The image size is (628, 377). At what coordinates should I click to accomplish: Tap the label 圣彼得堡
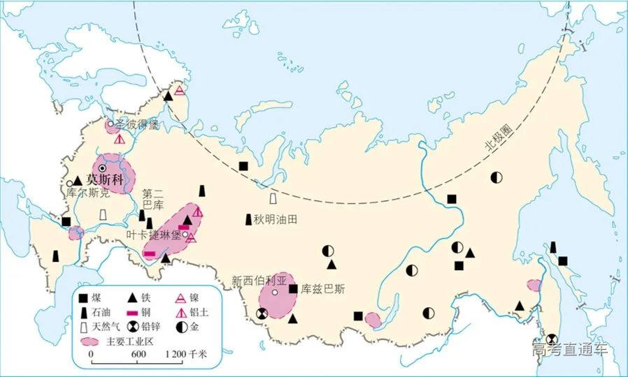coord(137,125)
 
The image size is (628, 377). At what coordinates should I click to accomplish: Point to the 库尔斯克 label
coord(87,191)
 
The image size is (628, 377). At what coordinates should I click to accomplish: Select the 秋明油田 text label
coord(276,219)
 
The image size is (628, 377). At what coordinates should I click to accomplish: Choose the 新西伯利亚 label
coord(256,280)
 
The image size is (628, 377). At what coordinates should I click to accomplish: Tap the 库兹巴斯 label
coord(324,288)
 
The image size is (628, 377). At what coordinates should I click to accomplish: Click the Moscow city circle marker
coord(103,168)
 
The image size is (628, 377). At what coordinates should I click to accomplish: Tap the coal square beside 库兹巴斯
coord(293,288)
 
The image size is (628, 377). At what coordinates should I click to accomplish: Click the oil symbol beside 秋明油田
coord(248,219)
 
